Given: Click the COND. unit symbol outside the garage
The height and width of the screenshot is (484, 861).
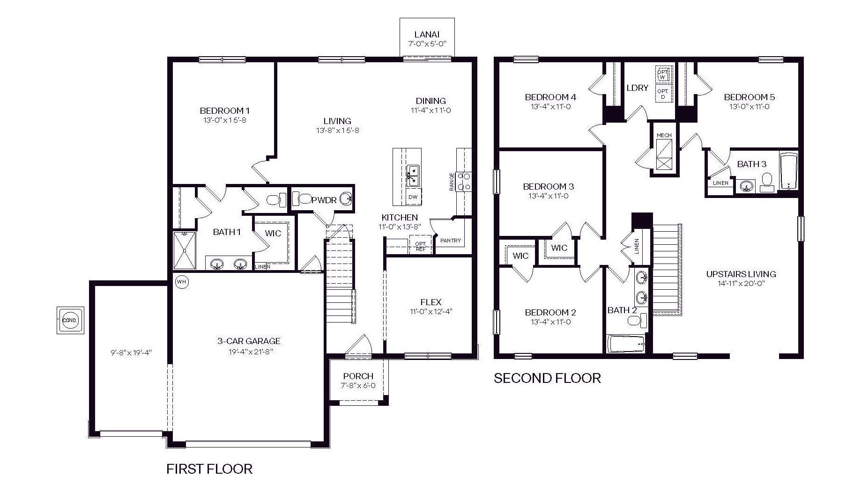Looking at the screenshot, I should click(70, 321).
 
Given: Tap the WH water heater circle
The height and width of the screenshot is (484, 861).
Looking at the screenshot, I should click(181, 282).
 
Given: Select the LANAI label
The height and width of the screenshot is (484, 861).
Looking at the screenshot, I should click(427, 34).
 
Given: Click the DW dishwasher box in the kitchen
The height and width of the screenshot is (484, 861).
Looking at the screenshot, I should click(413, 197).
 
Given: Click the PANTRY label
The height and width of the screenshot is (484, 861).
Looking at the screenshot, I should click(450, 241).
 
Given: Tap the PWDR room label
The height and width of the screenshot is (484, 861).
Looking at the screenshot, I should click(324, 200).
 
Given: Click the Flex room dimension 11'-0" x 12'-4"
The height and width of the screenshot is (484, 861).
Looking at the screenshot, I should click(430, 312).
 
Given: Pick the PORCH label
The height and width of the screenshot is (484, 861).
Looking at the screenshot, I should click(358, 376).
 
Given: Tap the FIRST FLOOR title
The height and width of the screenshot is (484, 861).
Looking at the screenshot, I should click(209, 469).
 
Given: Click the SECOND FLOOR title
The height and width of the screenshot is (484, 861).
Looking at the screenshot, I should click(547, 378).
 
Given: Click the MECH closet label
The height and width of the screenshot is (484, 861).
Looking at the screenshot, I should click(664, 135).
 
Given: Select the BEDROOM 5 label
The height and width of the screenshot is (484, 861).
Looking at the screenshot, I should click(749, 97).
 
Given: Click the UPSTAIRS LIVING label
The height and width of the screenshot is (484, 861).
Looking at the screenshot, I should click(741, 274).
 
